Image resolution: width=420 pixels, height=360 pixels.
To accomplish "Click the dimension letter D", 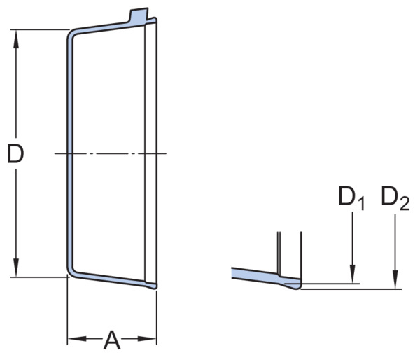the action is tap(15, 153).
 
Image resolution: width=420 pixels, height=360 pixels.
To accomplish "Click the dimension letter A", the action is tap(112, 340).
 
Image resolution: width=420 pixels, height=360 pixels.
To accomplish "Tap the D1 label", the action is tap(351, 198).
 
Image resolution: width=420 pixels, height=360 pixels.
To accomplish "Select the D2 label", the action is tap(395, 198).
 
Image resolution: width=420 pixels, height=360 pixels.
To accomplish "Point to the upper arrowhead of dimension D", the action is tap(16, 39).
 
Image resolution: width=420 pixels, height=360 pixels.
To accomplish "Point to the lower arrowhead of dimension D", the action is tap(16, 268).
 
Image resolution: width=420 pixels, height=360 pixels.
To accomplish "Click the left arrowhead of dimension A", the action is tap(77, 339).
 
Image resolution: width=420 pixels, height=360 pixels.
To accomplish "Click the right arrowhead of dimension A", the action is tap(147, 339).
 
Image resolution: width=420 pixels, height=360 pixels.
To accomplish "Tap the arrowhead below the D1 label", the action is tap(353, 274).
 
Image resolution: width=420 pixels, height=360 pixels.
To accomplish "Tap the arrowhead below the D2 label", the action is tap(395, 279).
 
